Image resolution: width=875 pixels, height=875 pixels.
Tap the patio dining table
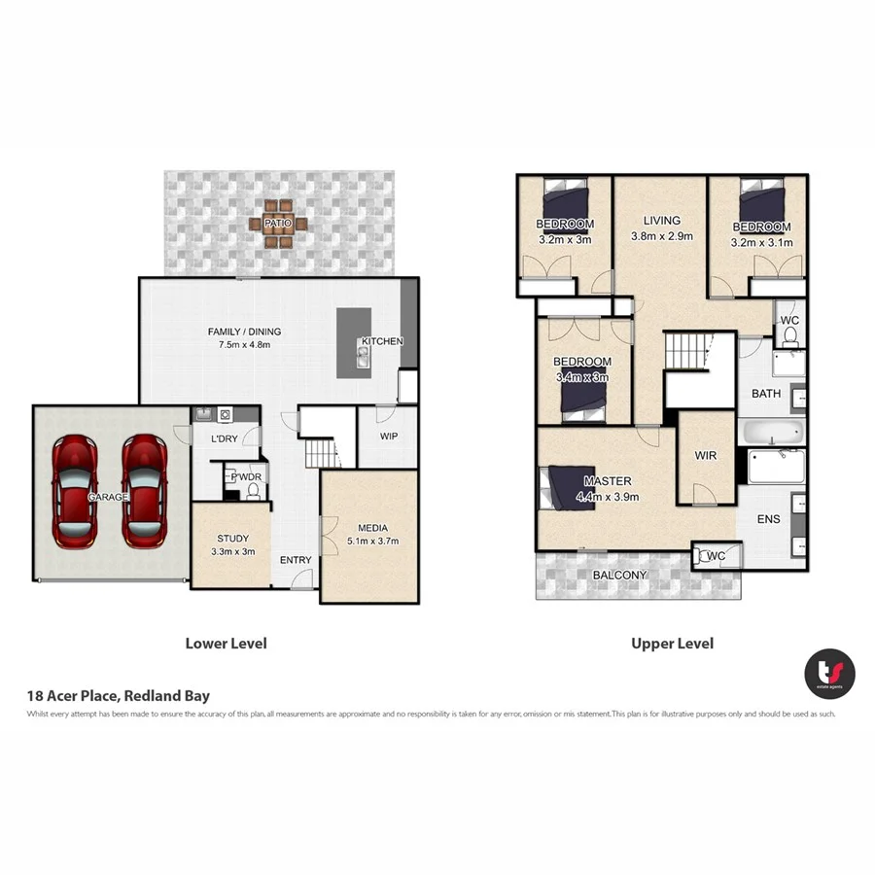pyautogui.click(x=278, y=224)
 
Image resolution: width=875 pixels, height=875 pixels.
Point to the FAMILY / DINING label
pyautogui.click(x=238, y=332)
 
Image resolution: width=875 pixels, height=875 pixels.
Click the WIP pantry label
pyautogui.click(x=387, y=437)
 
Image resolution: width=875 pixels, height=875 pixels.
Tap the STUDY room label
pyautogui.click(x=232, y=538)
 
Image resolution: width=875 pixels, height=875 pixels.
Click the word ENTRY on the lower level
pyautogui.click(x=296, y=560)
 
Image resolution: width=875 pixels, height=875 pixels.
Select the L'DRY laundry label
pyautogui.click(x=225, y=439)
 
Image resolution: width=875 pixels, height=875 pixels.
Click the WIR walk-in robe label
pyautogui.click(x=705, y=455)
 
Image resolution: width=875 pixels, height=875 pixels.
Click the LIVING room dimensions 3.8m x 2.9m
pyautogui.click(x=661, y=236)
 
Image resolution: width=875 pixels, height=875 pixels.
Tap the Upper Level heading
pyautogui.click(x=672, y=644)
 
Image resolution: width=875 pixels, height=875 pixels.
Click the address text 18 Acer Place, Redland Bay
pyautogui.click(x=118, y=696)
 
